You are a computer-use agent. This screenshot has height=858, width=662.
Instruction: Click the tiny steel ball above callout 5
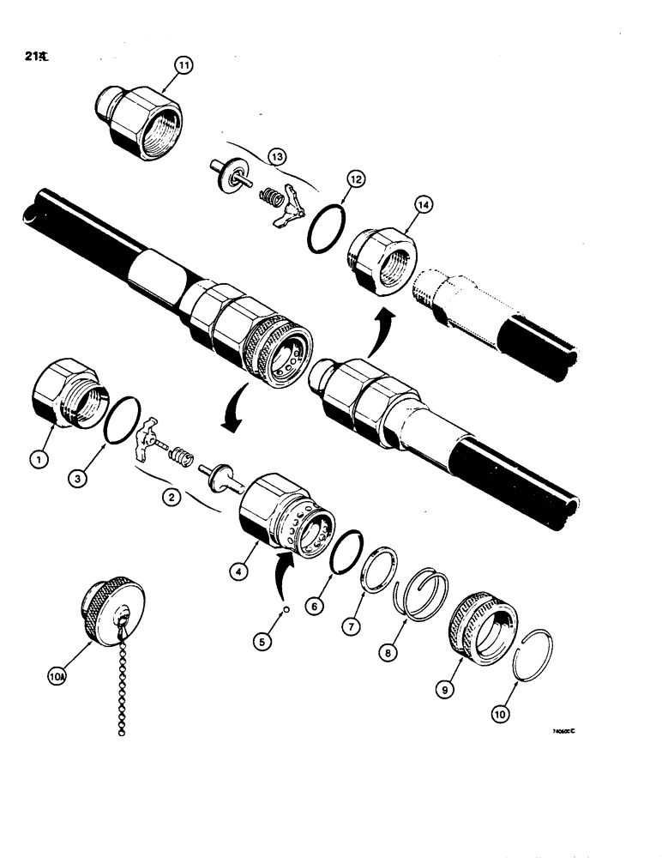(x=288, y=611)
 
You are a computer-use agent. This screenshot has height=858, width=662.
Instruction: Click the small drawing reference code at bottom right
(x=562, y=732)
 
